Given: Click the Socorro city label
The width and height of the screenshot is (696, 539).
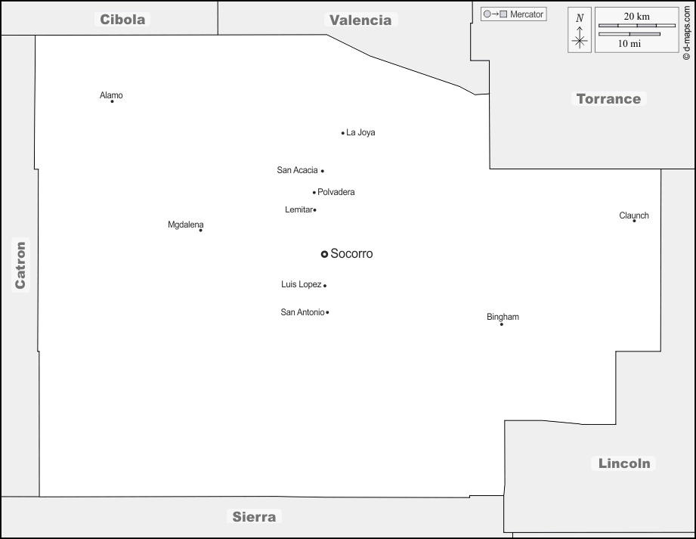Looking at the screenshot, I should (x=351, y=254).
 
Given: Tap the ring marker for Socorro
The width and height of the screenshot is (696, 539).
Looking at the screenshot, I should (x=324, y=254).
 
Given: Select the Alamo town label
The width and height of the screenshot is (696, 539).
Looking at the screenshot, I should (x=111, y=95).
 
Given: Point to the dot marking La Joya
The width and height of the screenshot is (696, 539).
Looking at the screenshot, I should (x=343, y=133).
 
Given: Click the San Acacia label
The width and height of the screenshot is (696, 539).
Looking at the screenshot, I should (x=297, y=170).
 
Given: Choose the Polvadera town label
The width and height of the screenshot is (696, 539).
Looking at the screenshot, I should (x=336, y=192).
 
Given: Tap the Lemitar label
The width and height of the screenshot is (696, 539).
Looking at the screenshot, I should (x=299, y=209).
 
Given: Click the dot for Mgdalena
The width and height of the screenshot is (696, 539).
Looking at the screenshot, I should (x=200, y=231).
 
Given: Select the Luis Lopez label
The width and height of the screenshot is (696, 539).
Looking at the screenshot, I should (x=301, y=284).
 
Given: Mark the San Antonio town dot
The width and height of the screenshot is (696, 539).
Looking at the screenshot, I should (x=327, y=312).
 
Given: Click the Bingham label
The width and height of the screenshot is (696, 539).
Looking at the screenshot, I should (x=503, y=317).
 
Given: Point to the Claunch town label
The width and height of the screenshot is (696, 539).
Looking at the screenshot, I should (x=634, y=215).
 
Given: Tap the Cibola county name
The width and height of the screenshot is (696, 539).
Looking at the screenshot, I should (x=122, y=20).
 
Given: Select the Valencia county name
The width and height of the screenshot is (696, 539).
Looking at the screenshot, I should (x=360, y=20).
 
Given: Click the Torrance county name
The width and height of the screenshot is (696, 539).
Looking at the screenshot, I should (x=608, y=98).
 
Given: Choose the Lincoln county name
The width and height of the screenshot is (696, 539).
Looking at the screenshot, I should (x=624, y=463).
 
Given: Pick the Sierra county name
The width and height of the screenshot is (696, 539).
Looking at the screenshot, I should (x=254, y=517).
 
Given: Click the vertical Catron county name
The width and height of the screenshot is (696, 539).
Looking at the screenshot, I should (x=20, y=265).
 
